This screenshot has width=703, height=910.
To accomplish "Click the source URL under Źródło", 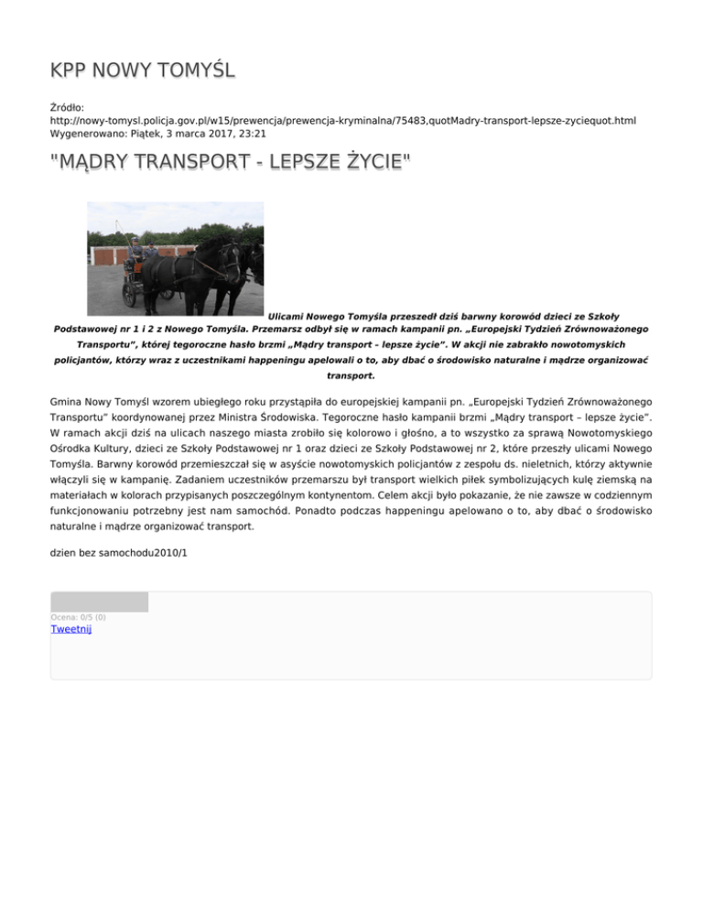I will coord(343,120).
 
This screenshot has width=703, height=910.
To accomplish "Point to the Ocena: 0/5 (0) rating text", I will coord(78,617).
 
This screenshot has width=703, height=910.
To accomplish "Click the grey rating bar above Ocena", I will coord(99,601).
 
